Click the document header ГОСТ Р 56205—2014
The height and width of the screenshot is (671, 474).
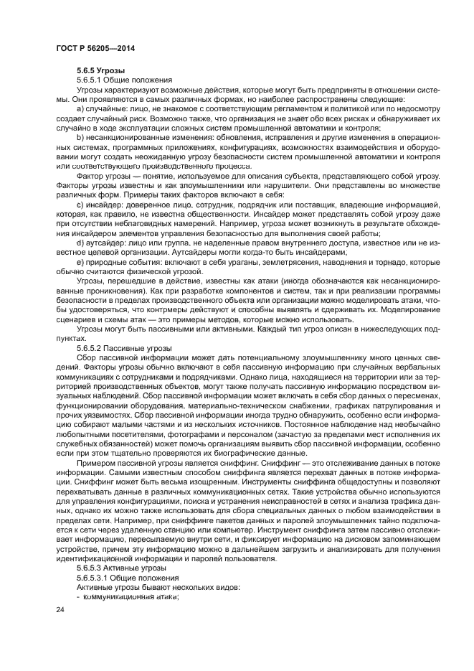click(x=95, y=48)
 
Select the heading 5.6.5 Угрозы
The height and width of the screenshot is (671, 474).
click(x=101, y=70)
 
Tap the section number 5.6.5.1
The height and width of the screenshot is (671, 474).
click(x=93, y=80)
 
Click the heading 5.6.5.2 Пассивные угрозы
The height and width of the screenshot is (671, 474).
click(x=122, y=347)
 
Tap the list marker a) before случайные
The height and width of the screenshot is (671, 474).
click(x=80, y=108)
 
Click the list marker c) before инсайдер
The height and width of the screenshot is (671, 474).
click(x=80, y=205)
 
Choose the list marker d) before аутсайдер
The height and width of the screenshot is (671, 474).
click(x=80, y=243)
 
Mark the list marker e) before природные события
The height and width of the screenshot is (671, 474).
click(x=80, y=263)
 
